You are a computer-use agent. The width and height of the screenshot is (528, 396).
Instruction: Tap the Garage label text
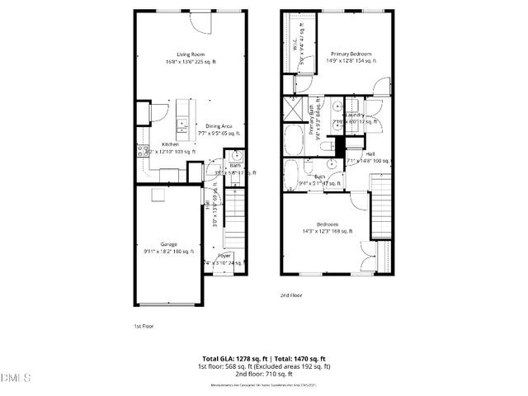[x=169, y=244]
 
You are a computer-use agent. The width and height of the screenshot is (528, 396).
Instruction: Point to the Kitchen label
[x=170, y=144]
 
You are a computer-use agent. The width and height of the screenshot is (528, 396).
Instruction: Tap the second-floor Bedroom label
[x=328, y=224]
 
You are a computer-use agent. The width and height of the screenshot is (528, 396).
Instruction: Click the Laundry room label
[x=357, y=115]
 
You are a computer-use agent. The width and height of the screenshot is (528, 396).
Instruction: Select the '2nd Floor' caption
[x=290, y=295]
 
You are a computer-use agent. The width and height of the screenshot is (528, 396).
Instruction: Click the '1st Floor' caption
[x=144, y=326]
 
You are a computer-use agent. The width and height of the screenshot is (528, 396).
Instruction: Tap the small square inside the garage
[x=157, y=193]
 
